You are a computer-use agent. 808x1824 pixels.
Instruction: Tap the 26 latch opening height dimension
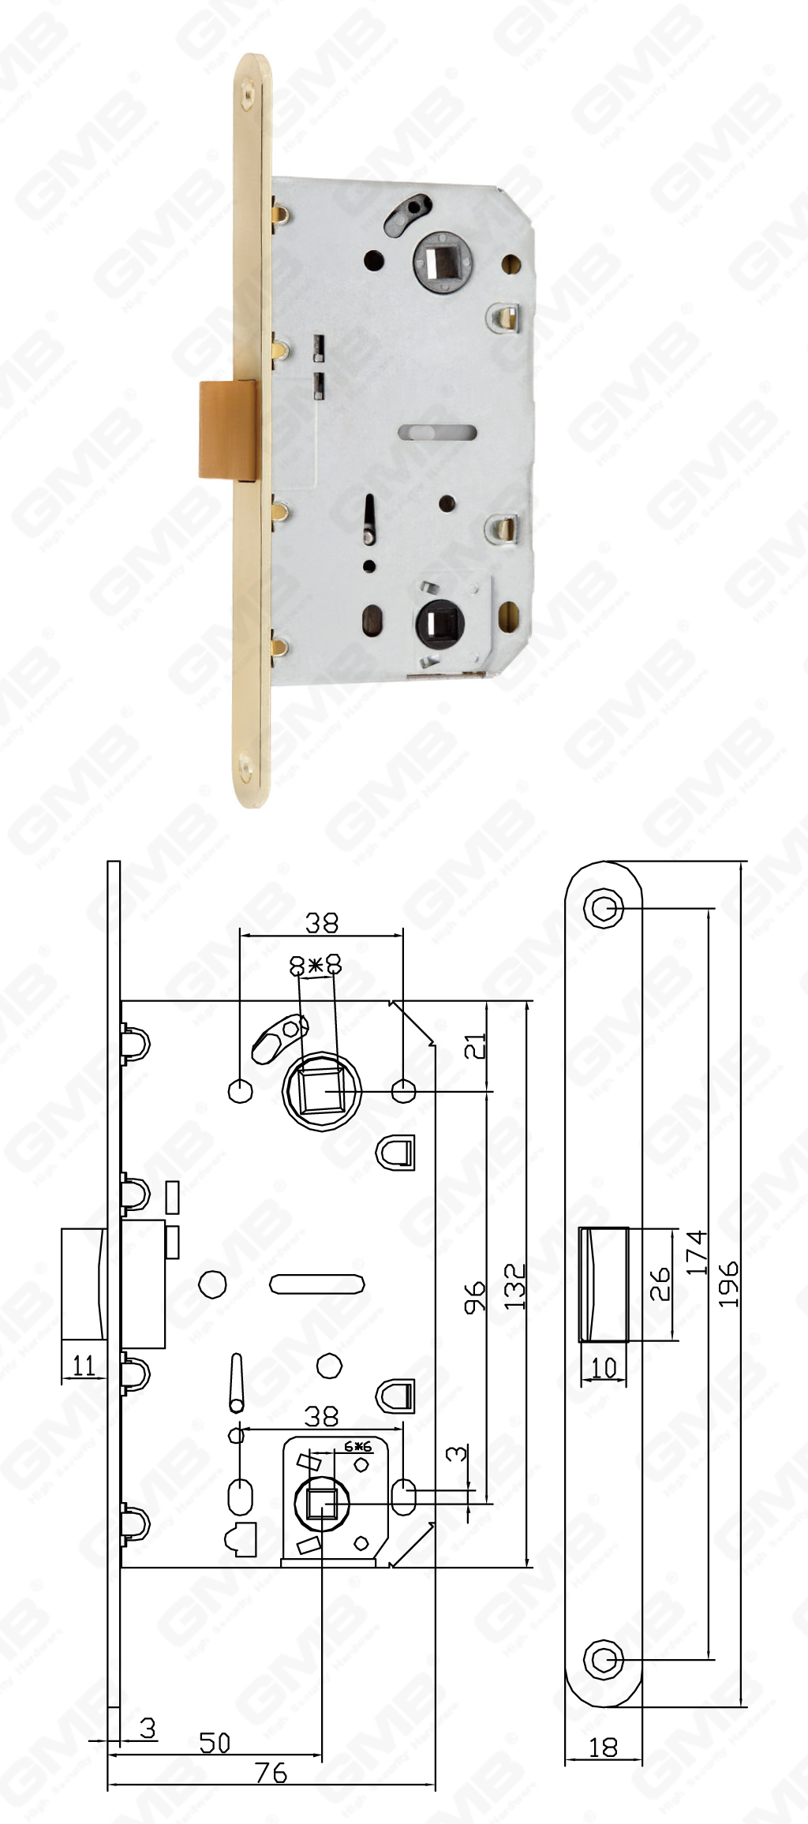(x=660, y=1284)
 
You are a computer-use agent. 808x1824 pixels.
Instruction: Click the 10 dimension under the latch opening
(x=603, y=1367)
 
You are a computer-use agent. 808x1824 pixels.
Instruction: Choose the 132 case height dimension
(x=514, y=1286)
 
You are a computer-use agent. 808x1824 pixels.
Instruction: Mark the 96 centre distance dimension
(x=474, y=1298)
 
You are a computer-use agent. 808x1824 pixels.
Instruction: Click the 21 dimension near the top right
(x=474, y=1045)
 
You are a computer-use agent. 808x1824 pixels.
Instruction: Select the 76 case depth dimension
(x=271, y=1773)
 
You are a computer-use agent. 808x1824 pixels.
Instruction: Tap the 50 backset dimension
(x=214, y=1742)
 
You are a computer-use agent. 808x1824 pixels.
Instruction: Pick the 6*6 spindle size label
(x=357, y=1447)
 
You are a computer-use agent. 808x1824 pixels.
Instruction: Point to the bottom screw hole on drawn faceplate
(x=604, y=1658)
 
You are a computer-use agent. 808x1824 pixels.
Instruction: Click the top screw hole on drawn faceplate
(x=604, y=908)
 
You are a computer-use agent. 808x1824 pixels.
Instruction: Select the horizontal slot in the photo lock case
(x=436, y=432)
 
